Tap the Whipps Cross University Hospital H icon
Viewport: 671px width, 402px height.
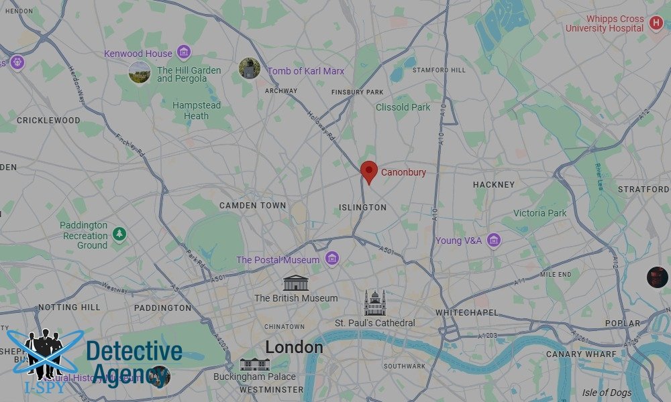point(656,24)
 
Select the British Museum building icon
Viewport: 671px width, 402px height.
point(295,282)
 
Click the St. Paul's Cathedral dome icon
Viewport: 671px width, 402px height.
point(375,303)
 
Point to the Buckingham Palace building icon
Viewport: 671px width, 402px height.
point(254,364)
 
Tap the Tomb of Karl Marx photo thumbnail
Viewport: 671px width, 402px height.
point(250,69)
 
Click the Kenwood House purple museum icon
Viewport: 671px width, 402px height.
point(183,53)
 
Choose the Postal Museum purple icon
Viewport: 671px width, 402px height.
point(331,259)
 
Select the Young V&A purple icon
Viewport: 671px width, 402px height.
point(494,240)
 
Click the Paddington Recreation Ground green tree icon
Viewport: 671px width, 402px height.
point(119,234)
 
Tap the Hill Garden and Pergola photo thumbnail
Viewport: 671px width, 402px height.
point(140,72)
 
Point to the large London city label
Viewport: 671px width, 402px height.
point(294,347)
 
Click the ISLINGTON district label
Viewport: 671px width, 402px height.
point(362,208)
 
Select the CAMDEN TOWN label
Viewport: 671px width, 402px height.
point(253,206)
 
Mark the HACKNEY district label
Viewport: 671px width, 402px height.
point(494,184)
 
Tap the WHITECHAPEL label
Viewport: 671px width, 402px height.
point(467,313)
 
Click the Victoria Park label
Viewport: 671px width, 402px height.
point(540,213)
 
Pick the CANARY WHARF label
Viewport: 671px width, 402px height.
point(581,354)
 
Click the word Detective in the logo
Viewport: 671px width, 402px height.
point(134,351)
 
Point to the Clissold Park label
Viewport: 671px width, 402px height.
point(403,107)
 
